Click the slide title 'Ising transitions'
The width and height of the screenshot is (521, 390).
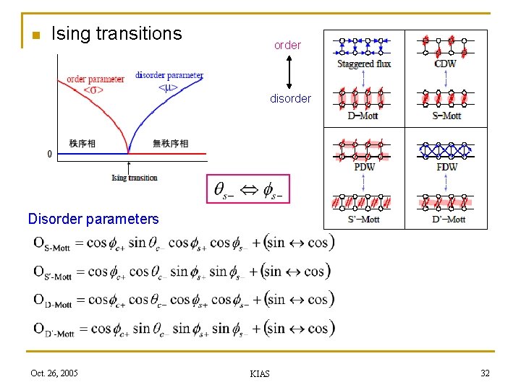click(117, 33)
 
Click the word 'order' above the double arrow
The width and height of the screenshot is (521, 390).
click(287, 45)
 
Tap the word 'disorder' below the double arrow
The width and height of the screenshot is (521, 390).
click(290, 99)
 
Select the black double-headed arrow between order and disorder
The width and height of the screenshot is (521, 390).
click(289, 71)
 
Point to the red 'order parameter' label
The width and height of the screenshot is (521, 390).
click(95, 79)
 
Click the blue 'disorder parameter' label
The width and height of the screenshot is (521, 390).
click(169, 75)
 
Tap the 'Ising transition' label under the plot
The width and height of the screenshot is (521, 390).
click(135, 178)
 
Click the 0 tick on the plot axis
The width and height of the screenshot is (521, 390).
click(49, 154)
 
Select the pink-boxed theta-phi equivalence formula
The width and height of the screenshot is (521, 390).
click(247, 191)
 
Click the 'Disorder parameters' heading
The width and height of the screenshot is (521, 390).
click(93, 219)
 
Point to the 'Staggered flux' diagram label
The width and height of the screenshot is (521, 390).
click(364, 64)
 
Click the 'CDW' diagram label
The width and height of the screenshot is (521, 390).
click(446, 64)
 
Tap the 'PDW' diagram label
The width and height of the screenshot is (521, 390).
click(364, 168)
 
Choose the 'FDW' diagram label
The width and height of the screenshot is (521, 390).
click(446, 168)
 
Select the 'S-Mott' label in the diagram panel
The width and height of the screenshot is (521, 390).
click(446, 116)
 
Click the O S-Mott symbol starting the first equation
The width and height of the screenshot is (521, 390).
click(51, 245)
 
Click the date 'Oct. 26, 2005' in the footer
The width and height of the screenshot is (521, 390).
click(54, 373)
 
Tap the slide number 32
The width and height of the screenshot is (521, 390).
click(484, 373)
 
